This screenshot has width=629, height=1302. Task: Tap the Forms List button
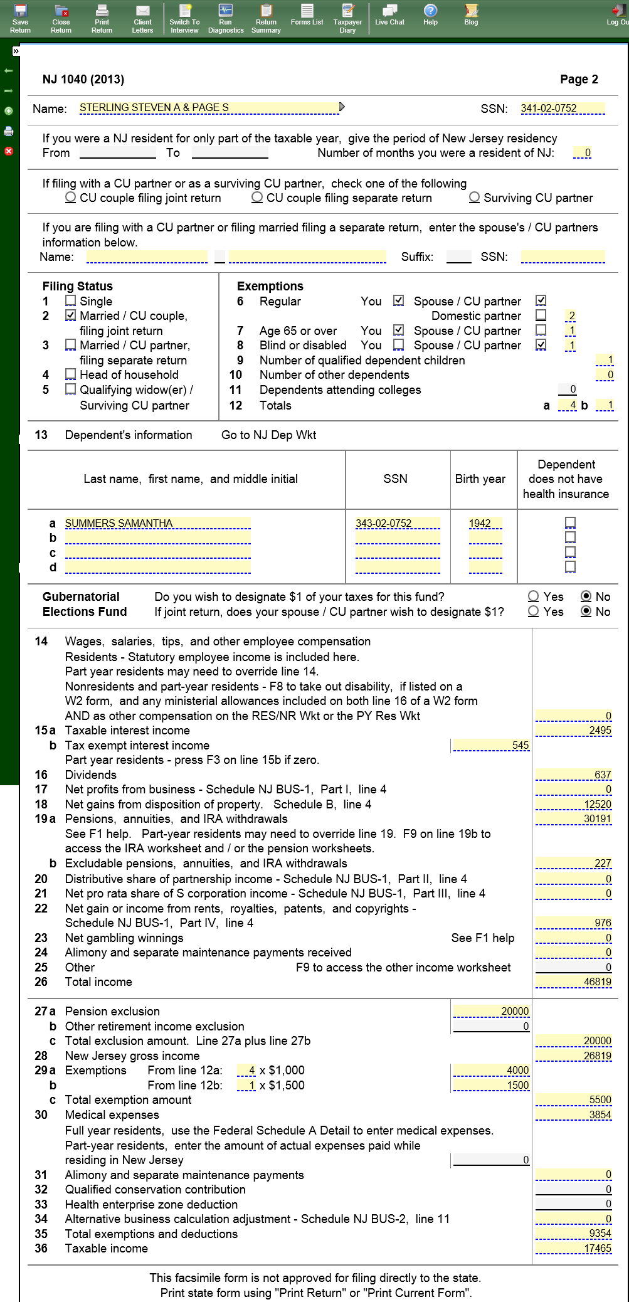coord(307,15)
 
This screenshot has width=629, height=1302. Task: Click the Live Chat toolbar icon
coord(389,15)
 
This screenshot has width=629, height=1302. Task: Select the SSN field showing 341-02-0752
coord(562,109)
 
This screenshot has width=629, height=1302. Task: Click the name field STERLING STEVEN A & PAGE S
coord(208,108)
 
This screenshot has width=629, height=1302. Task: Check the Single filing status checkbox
coord(71,301)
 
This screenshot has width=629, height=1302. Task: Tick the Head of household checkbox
coord(71,374)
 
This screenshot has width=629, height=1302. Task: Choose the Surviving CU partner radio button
coord(475,198)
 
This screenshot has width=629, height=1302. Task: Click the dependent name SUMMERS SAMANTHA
coord(157,523)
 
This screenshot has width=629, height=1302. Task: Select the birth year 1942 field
coord(485,523)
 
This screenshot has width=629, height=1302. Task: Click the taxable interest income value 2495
coord(573,731)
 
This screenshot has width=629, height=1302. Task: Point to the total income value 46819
coord(573,982)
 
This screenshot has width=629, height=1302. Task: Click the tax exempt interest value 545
coord(491,746)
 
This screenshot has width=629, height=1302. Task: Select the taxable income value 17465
coord(573,1249)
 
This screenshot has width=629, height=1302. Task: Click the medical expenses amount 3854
coord(573,1115)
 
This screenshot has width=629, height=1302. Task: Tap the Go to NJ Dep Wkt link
coord(268,435)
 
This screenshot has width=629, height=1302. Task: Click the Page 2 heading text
coord(578,80)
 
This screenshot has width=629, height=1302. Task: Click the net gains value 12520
coord(573,805)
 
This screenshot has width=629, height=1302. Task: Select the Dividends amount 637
coord(573,775)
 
